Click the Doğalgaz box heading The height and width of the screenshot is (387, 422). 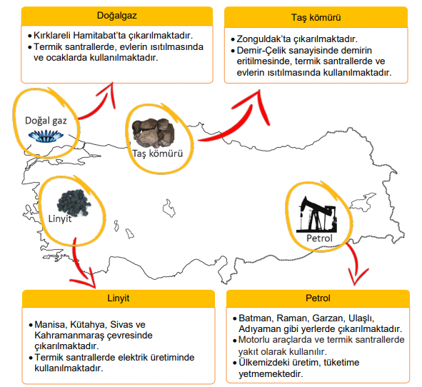click(117, 15)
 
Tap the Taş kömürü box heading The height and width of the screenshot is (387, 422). click(316, 17)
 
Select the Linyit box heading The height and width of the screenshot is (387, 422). click(118, 298)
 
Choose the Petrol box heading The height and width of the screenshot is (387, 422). click(318, 298)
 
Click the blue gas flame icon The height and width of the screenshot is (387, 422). click(46, 136)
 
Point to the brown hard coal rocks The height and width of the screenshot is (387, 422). click(153, 133)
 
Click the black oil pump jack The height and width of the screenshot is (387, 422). click(317, 214)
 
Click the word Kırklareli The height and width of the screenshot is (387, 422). click(52, 36)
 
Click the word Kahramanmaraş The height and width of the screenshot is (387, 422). click(69, 336)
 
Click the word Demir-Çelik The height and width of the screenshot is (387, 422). click(261, 51)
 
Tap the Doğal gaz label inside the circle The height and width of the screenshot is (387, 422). click(46, 121)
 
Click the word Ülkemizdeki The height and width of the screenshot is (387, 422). click(266, 363)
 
